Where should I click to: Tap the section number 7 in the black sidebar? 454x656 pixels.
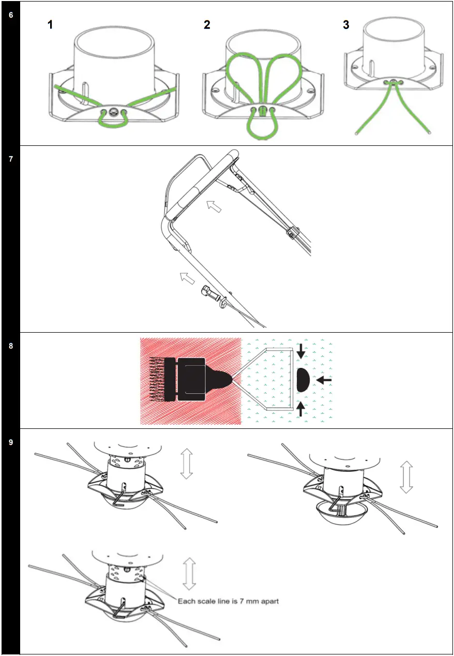click(x=11, y=159)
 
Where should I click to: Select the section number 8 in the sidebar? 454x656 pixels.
click(x=11, y=346)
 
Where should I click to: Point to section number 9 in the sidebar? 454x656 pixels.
click(x=11, y=442)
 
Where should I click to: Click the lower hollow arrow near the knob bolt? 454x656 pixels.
click(x=185, y=278)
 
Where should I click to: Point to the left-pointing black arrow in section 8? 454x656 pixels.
click(x=324, y=380)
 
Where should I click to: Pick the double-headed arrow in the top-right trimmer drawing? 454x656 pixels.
click(x=407, y=477)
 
